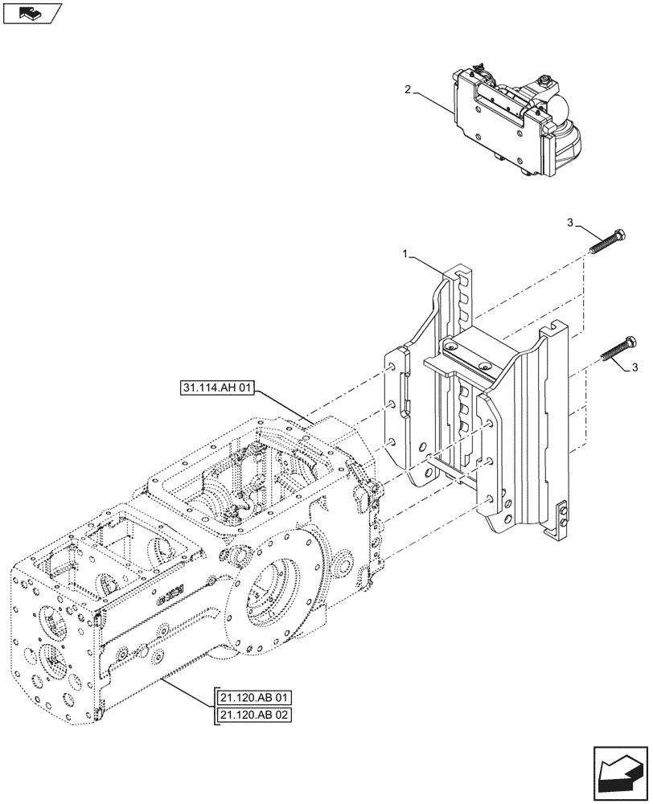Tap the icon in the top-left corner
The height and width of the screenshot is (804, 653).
pos(32,12)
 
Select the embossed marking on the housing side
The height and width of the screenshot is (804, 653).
pos(171,595)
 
